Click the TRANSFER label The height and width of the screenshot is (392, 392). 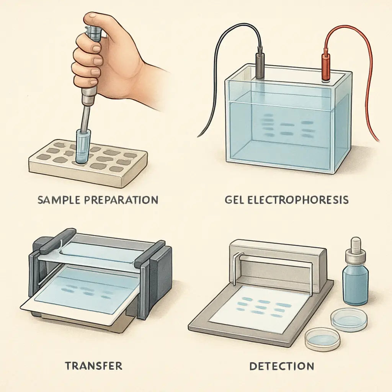pyautogui.click(x=93, y=366)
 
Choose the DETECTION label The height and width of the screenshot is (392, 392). pyautogui.click(x=281, y=366)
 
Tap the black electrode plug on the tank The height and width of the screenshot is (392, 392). pyautogui.click(x=260, y=65)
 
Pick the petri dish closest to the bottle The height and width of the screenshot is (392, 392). pyautogui.click(x=349, y=319)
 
